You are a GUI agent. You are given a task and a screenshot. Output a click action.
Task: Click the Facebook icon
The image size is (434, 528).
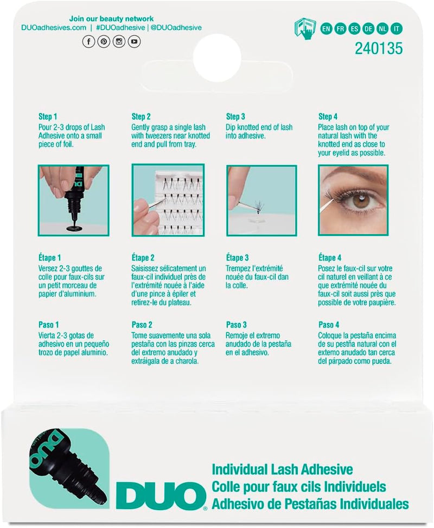click(x=88, y=41)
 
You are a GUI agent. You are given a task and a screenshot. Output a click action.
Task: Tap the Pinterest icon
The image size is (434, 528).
click(x=103, y=41)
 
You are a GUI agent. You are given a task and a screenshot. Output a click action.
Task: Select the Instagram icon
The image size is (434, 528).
click(x=118, y=41)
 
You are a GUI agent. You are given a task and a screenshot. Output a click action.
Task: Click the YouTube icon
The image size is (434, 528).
click(x=133, y=41)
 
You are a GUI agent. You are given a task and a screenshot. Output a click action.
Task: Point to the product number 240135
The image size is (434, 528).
click(x=378, y=49)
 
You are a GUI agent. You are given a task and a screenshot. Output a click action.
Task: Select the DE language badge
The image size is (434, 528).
click(x=369, y=29)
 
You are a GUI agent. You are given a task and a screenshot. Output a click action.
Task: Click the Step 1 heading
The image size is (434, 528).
click(x=48, y=117)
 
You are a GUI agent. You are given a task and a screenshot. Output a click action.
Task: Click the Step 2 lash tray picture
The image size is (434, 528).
click(x=168, y=201)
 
